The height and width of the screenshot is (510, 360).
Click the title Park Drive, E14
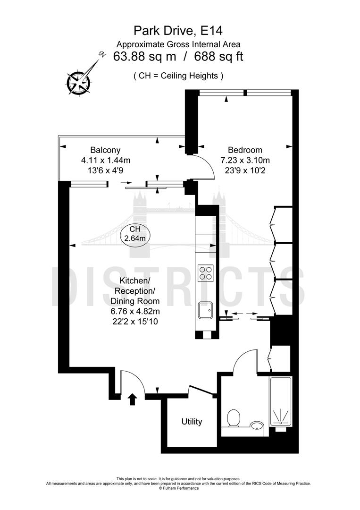pyautogui.click(x=178, y=31)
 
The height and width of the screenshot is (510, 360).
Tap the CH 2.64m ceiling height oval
pyautogui.click(x=135, y=234)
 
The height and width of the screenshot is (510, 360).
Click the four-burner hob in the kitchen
pyautogui.click(x=205, y=273)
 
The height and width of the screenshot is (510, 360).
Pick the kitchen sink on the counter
pyautogui.click(x=205, y=310)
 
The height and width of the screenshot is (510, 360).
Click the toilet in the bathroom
pyautogui.click(x=233, y=418)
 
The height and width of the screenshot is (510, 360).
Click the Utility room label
pyautogui.click(x=192, y=422)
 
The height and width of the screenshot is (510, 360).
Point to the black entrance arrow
pyautogui.click(x=133, y=399)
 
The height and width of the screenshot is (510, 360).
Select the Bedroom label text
pyautogui.click(x=242, y=150)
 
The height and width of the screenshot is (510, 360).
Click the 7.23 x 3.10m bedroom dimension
pyautogui.click(x=242, y=160)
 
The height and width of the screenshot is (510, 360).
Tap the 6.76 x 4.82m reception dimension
pyautogui.click(x=135, y=311)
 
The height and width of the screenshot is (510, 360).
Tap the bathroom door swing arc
pyautogui.click(x=243, y=361)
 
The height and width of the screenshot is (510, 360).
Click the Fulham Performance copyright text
pyautogui.click(x=179, y=488)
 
